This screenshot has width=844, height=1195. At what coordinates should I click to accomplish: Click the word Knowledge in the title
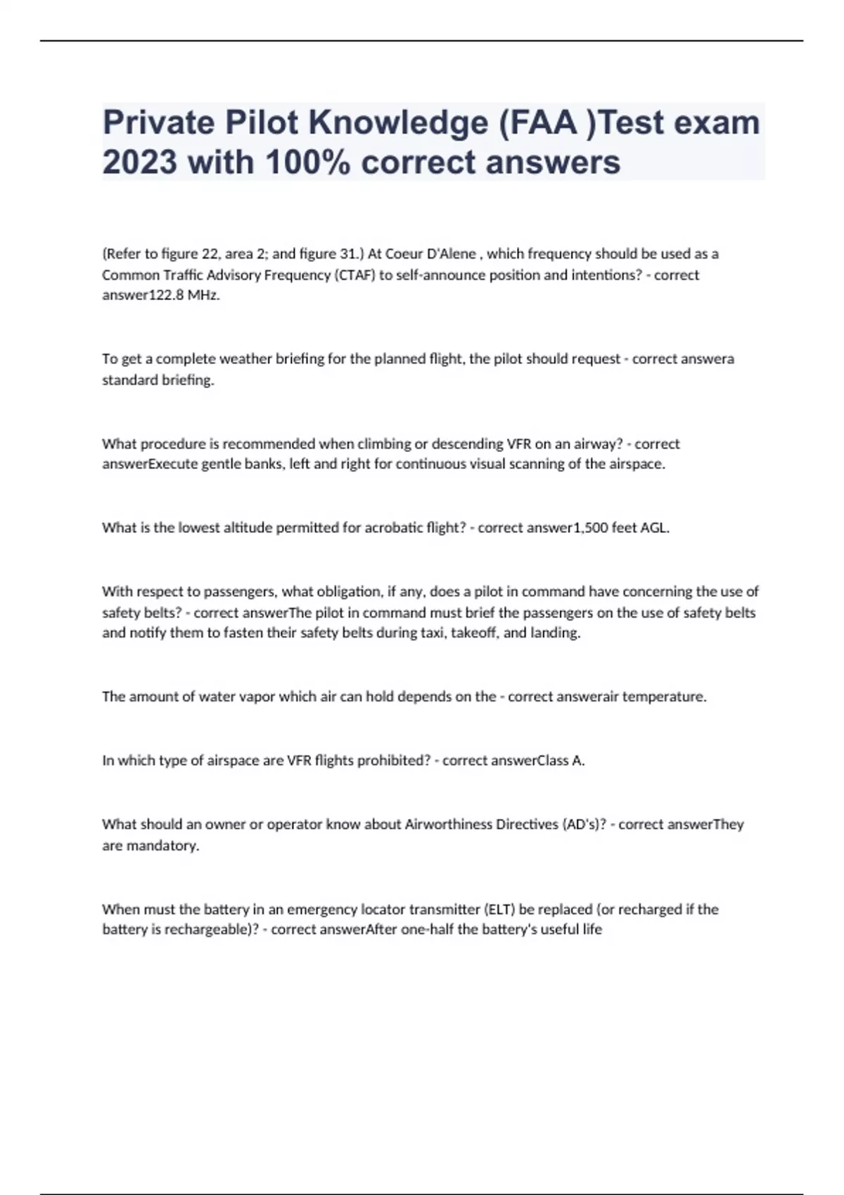pos(398,123)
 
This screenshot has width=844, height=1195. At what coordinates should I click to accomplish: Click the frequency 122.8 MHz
pos(184,296)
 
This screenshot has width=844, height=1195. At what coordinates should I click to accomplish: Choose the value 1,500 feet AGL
pos(622,528)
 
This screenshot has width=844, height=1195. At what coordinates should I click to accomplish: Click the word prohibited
pos(392,761)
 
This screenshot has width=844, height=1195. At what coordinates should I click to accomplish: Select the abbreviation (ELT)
pos(499,910)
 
